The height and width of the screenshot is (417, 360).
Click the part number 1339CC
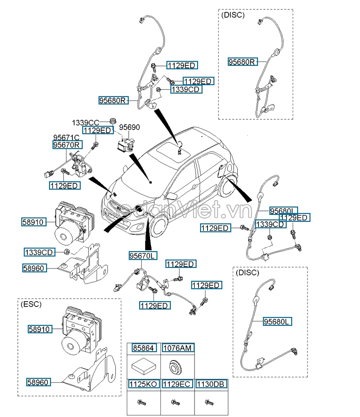[x=86, y=122]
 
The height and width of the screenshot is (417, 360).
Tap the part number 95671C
[x=66, y=137]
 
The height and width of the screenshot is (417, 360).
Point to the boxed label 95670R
[x=67, y=145]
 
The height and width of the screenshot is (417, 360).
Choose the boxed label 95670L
[x=143, y=256]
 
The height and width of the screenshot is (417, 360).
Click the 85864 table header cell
[x=144, y=348]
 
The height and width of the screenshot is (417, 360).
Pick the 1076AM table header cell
[x=177, y=348]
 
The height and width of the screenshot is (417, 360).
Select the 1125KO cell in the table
[x=144, y=383]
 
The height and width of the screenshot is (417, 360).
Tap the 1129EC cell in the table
[x=177, y=383]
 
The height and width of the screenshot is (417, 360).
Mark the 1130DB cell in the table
[x=211, y=383]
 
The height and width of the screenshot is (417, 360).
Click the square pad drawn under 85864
[x=143, y=366]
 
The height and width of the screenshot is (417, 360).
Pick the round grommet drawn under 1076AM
[x=176, y=366]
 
